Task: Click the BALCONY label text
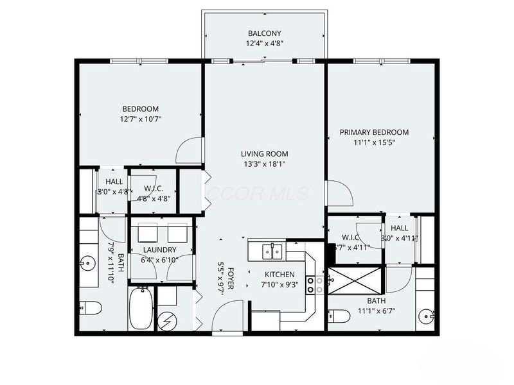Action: (264, 33)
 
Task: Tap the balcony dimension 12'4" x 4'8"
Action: (264, 44)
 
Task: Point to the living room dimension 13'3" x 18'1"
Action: (264, 164)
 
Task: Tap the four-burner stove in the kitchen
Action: (315, 285)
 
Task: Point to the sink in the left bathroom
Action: (87, 262)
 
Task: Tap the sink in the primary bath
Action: (427, 315)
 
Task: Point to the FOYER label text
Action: (229, 272)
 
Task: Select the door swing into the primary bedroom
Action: (335, 193)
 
